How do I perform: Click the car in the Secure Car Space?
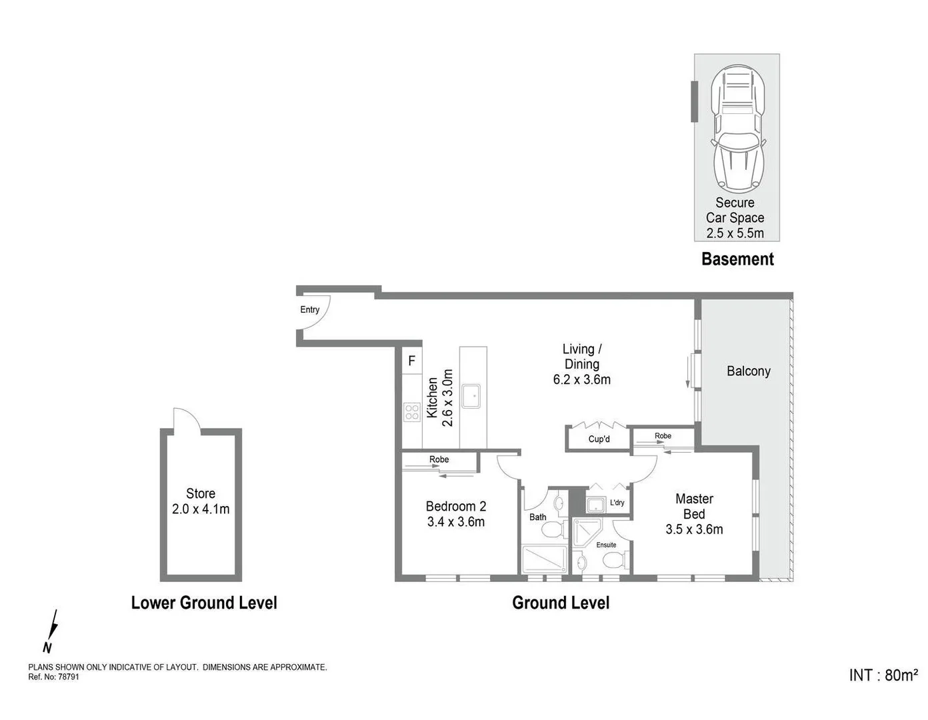coord(737,128)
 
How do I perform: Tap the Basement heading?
coord(737,259)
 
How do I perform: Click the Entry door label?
coord(309,309)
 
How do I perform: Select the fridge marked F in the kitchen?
coord(411,361)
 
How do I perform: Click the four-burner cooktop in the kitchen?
coord(411,411)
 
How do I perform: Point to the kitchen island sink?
coord(472,396)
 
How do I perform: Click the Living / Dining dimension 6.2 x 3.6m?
coord(581,380)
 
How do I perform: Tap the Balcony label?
coord(748,371)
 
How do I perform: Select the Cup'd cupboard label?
coord(599,439)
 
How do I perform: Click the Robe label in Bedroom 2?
coord(439,459)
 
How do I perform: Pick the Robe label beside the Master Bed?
coord(663,436)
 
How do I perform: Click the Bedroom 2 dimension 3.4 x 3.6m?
coord(455,522)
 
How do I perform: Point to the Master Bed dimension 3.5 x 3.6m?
coord(694,529)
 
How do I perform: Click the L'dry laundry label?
coord(617,503)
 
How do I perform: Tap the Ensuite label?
coord(606,545)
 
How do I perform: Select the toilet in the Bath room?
coord(551,529)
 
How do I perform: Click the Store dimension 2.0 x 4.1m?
coord(200,509)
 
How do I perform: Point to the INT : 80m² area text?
coord(883,675)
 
